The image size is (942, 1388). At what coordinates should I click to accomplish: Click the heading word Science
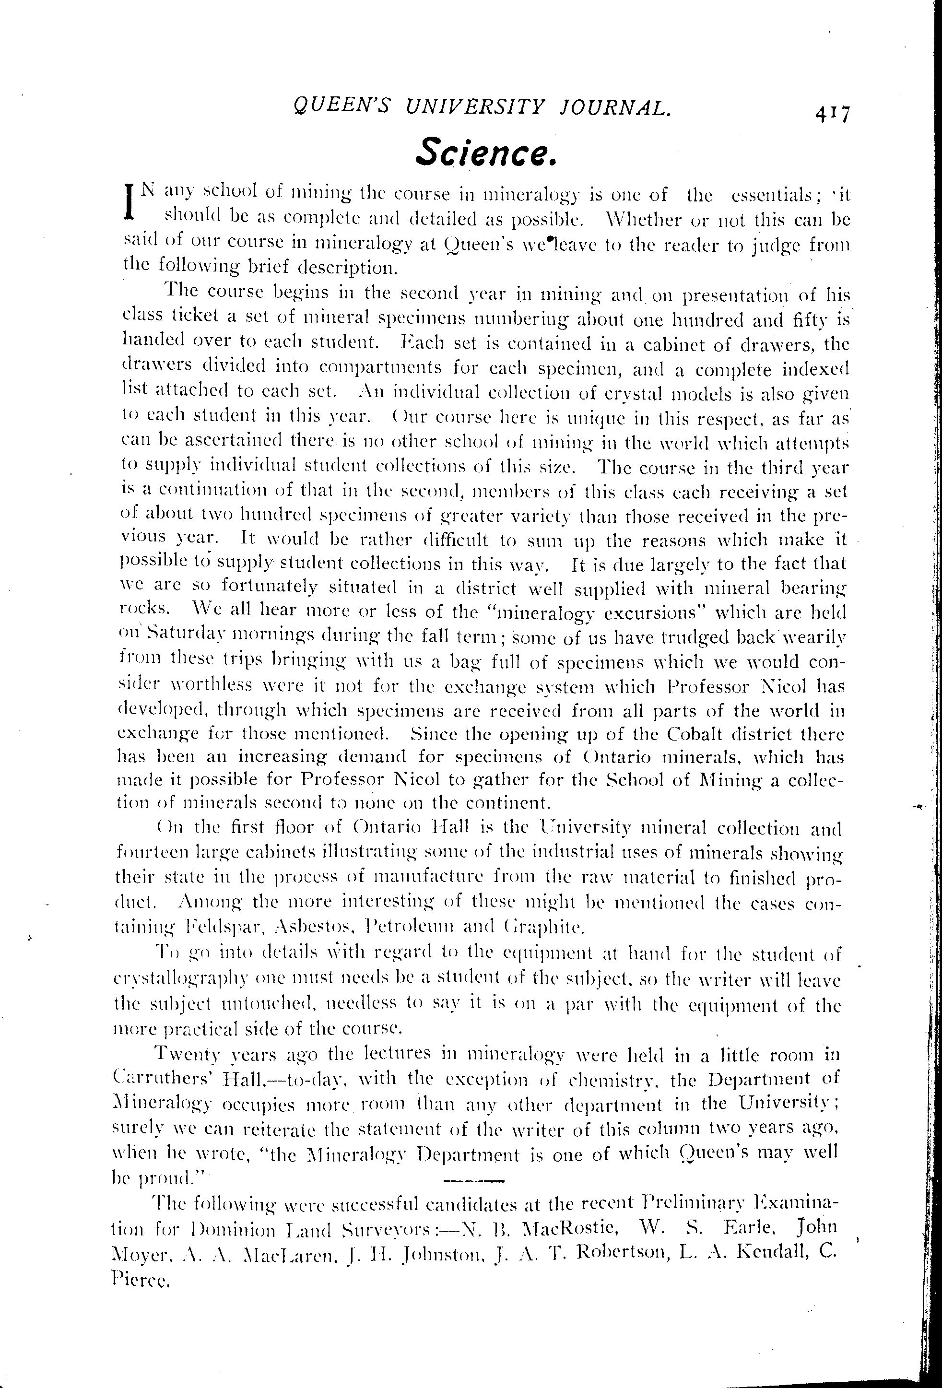coord(487,153)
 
